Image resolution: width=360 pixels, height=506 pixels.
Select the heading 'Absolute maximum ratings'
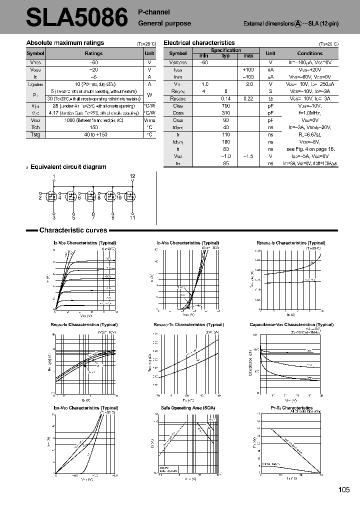point(65,43)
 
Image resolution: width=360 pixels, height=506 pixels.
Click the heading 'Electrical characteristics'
point(199,43)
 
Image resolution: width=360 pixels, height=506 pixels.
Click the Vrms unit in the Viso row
point(149,120)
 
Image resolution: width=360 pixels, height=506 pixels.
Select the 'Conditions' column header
point(309,53)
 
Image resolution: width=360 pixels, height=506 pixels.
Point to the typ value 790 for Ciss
point(225,106)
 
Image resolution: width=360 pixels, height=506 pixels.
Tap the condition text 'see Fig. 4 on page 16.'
point(309,149)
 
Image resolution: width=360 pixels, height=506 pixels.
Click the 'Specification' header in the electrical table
point(225,50)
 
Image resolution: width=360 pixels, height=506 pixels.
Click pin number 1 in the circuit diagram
point(54,176)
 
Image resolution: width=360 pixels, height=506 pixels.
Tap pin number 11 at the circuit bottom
point(132,218)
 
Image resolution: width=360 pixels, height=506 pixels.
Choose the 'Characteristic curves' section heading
point(73,230)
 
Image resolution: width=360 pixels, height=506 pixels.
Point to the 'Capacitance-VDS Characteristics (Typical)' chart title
point(291,324)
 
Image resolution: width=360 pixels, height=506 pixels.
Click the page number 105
point(343,490)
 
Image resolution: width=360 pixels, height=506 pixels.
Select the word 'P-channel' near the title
point(154,12)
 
